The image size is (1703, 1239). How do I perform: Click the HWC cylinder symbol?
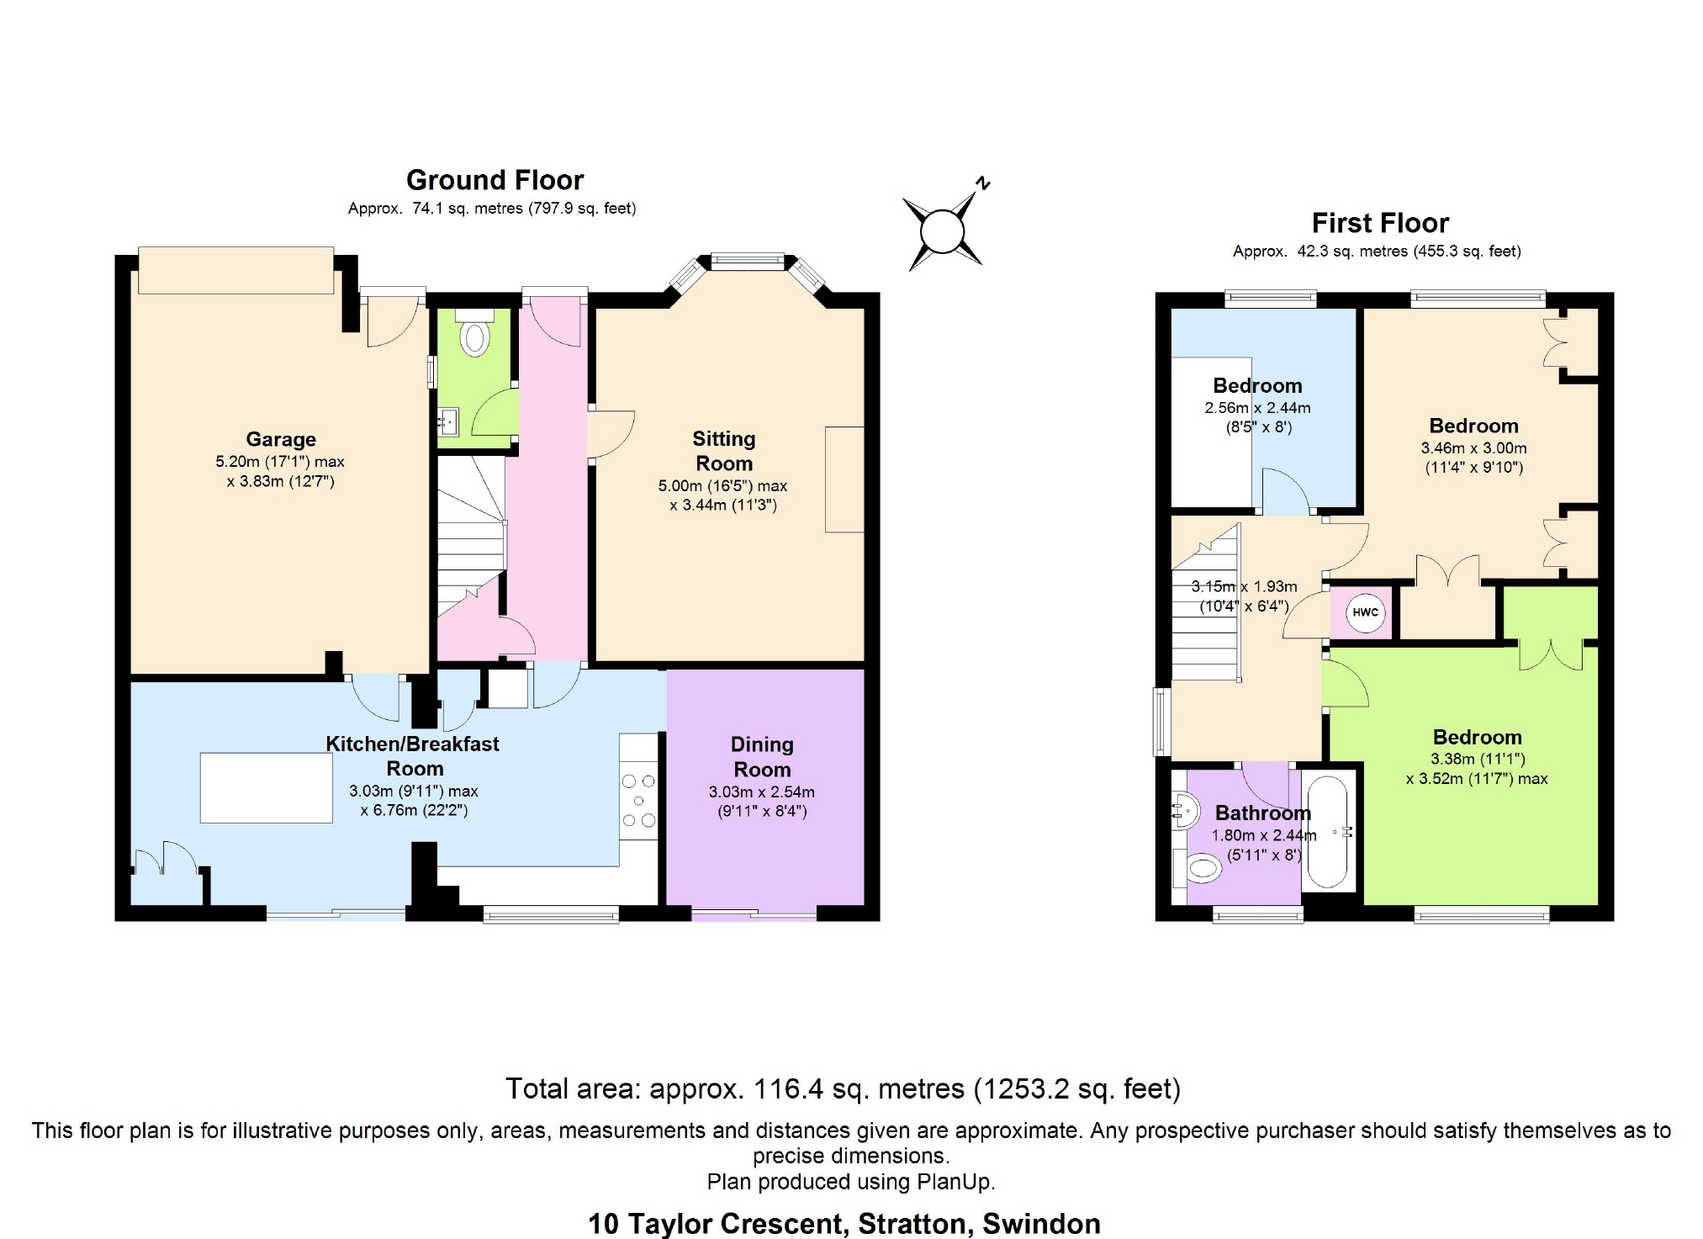coord(1365,612)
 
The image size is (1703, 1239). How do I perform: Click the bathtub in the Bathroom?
coord(1328,831)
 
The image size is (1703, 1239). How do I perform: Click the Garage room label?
coord(281,439)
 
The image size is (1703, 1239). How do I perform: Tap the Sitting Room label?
coord(724,451)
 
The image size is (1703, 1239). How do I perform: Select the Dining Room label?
coord(762,757)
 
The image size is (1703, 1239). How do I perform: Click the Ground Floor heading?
coord(495,180)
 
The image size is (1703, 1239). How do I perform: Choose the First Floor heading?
coord(1380,223)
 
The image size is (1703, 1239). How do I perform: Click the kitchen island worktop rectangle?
coord(267,787)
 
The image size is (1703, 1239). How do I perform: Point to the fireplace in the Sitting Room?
coord(844,479)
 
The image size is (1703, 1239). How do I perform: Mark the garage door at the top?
coord(236,270)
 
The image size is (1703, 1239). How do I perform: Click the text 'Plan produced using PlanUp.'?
coord(851,1182)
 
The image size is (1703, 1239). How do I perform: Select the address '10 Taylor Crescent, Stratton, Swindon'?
coord(844,1224)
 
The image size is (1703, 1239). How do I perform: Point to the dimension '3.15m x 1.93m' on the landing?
coord(1244,586)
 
